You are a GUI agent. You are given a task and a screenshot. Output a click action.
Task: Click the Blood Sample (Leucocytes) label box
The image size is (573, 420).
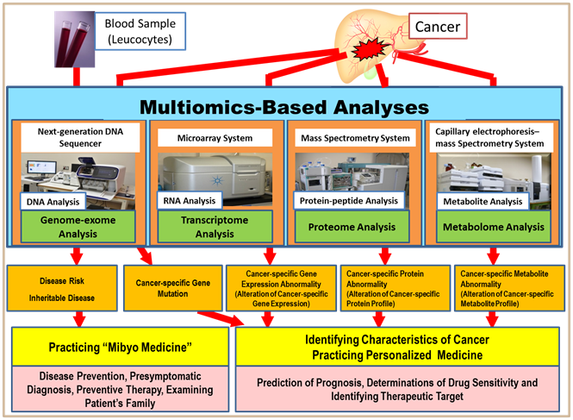pyautogui.click(x=140, y=31)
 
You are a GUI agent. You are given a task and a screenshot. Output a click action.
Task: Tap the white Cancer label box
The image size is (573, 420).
pyautogui.click(x=438, y=27)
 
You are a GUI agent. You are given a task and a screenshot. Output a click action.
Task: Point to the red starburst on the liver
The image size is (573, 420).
pyautogui.click(x=369, y=51)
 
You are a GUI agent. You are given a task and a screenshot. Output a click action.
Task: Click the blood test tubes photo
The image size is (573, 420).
pyautogui.click(x=75, y=39)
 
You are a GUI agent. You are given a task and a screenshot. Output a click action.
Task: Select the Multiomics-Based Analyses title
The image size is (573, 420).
pyautogui.click(x=284, y=107)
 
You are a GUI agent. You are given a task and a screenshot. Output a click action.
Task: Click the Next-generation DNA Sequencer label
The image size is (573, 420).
pyautogui.click(x=80, y=137)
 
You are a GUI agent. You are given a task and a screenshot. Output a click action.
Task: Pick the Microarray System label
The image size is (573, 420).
pyautogui.click(x=215, y=138)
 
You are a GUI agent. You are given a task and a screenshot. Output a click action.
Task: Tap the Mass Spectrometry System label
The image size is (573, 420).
pyautogui.click(x=355, y=138)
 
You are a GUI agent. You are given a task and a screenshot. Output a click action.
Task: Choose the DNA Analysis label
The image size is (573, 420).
pyautogui.click(x=53, y=202)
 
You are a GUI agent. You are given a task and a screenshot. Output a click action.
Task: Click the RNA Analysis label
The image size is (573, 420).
pyautogui.click(x=190, y=200)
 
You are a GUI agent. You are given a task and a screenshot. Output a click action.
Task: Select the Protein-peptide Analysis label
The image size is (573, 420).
pyautogui.click(x=349, y=200)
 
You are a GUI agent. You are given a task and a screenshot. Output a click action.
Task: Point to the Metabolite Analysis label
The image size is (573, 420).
pyautogui.click(x=483, y=201)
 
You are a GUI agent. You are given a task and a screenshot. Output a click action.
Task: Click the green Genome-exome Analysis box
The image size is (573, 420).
pyautogui.click(x=78, y=227)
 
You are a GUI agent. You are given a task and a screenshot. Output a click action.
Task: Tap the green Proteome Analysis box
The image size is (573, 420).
pyautogui.click(x=352, y=227)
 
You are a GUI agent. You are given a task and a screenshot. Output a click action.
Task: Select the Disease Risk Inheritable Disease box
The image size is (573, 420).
pyautogui.click(x=62, y=288)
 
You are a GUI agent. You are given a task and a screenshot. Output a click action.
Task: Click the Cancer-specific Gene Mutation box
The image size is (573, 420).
pyautogui.click(x=173, y=288)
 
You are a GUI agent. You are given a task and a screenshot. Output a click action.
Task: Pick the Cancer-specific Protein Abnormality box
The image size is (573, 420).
pyautogui.click(x=395, y=288)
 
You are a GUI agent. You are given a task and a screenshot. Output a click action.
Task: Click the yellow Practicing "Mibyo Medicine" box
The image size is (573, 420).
pyautogui.click(x=121, y=347)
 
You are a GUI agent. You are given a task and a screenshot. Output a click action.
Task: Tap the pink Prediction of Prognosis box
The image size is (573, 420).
pyautogui.click(x=397, y=389)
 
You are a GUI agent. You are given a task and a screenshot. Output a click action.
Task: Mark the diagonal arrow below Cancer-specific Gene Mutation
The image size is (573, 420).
pyautogui.click(x=221, y=318)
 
